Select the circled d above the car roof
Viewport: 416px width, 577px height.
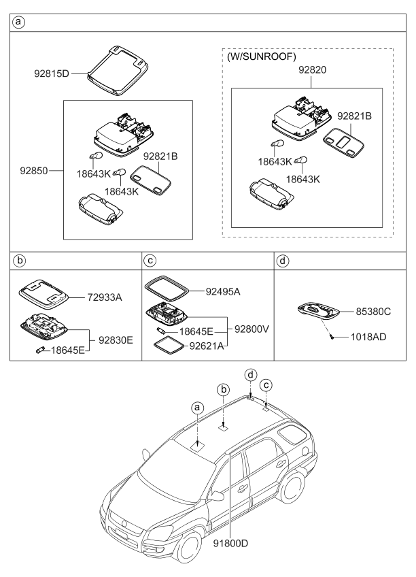tap(251, 374)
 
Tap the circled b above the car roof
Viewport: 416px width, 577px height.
tap(222, 390)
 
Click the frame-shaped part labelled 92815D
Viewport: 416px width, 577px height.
tap(118, 66)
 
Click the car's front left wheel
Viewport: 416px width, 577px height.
tap(188, 546)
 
